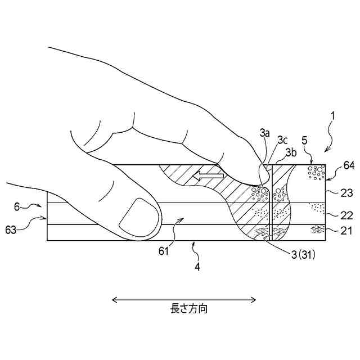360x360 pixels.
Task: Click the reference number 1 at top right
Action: (332, 116)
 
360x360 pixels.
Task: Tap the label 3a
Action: (265, 133)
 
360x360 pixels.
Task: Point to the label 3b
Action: (291, 152)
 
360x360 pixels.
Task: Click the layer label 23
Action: (346, 193)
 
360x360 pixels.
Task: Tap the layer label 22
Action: (346, 215)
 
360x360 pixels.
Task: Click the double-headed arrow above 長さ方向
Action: (184, 299)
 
